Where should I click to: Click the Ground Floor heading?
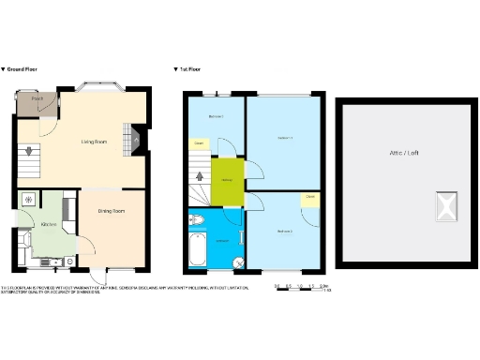[20, 69]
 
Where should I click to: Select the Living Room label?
[95, 142]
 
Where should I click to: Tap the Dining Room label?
[113, 212]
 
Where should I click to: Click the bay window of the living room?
[97, 87]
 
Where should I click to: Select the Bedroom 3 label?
[216, 116]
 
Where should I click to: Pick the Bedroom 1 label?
[287, 139]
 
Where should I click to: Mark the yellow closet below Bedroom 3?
[200, 143]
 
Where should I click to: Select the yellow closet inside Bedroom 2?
[309, 198]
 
